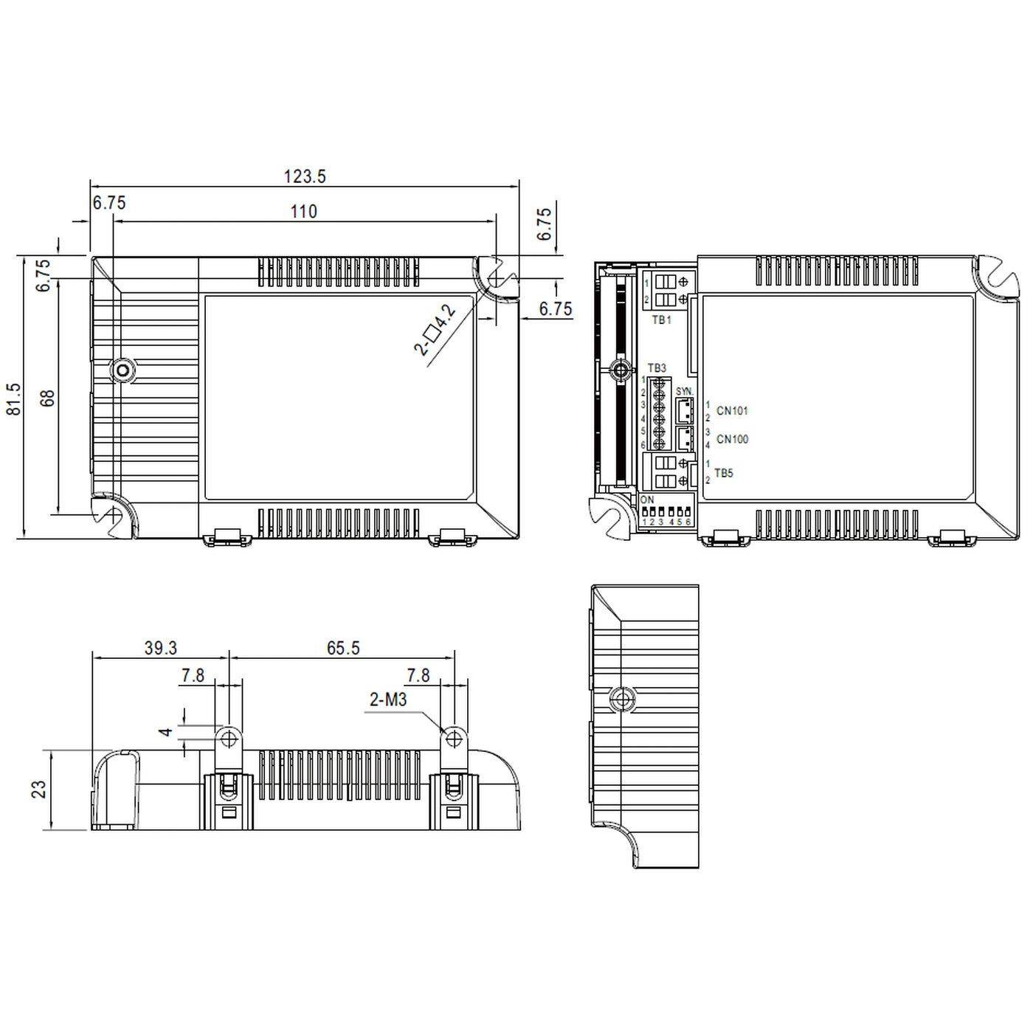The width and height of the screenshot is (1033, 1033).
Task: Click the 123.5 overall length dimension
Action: point(305,176)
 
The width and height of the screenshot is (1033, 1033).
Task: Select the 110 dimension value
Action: point(303,212)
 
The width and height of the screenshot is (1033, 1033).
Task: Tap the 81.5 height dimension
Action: point(14,398)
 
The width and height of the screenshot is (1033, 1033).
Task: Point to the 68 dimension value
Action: point(48,398)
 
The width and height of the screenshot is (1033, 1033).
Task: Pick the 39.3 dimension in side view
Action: point(160,648)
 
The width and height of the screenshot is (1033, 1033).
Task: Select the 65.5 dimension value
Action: point(343,648)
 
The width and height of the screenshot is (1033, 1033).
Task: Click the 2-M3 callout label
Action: point(388,699)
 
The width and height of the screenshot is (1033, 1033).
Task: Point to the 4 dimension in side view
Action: point(167,732)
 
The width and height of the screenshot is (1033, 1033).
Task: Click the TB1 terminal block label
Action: point(661,320)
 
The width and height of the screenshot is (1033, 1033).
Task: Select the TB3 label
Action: point(657,367)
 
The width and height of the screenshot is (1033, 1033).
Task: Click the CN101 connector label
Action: point(732,411)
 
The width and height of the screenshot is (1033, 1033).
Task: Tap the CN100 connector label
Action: point(732,439)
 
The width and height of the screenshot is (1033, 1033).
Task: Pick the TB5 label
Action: point(724,473)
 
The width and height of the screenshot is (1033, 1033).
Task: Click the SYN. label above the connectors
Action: point(684,390)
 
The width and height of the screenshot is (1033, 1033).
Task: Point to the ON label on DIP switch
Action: point(648,500)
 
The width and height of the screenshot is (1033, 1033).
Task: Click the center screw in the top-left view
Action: point(122,370)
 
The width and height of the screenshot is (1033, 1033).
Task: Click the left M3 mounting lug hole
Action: point(229,738)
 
